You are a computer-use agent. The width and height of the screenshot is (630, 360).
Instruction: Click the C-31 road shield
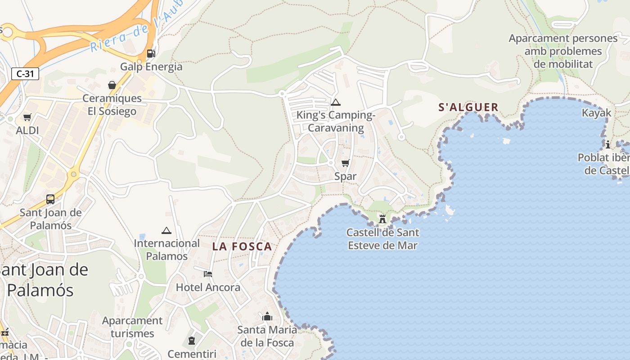tap(25, 74)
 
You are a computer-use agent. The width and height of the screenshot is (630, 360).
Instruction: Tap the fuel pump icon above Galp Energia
tap(151, 53)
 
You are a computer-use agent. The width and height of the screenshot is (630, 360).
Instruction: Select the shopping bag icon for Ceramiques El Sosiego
tap(112, 85)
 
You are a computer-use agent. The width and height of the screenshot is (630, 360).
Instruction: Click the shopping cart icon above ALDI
tap(27, 117)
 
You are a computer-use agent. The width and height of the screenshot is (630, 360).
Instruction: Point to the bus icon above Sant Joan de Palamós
tap(50, 199)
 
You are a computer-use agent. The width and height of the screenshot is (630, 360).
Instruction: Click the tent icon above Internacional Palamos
tap(166, 231)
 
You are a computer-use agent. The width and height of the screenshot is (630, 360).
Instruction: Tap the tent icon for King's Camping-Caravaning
tap(335, 103)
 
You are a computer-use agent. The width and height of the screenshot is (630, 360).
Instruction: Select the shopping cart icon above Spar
tap(345, 163)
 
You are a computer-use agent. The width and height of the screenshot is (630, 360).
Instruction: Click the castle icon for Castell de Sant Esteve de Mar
tap(382, 219)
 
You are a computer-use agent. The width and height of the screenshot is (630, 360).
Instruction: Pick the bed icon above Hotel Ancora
tap(208, 274)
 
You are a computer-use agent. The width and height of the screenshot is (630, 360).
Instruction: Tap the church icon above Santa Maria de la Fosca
tap(267, 317)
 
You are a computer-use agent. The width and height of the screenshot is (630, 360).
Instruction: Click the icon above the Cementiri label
tap(192, 341)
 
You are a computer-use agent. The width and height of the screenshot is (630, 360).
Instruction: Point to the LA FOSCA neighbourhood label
tap(242, 247)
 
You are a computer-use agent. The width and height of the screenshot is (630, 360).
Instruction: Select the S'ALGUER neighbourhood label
tap(468, 107)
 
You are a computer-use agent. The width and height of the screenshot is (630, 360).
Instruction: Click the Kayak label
tap(597, 113)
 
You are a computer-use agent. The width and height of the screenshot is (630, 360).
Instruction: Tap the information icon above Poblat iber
tap(608, 144)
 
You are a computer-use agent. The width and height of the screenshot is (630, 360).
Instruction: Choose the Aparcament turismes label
tap(132, 327)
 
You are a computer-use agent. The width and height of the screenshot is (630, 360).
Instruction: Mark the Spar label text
tap(345, 176)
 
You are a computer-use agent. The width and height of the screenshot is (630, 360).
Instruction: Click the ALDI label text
tap(27, 130)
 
